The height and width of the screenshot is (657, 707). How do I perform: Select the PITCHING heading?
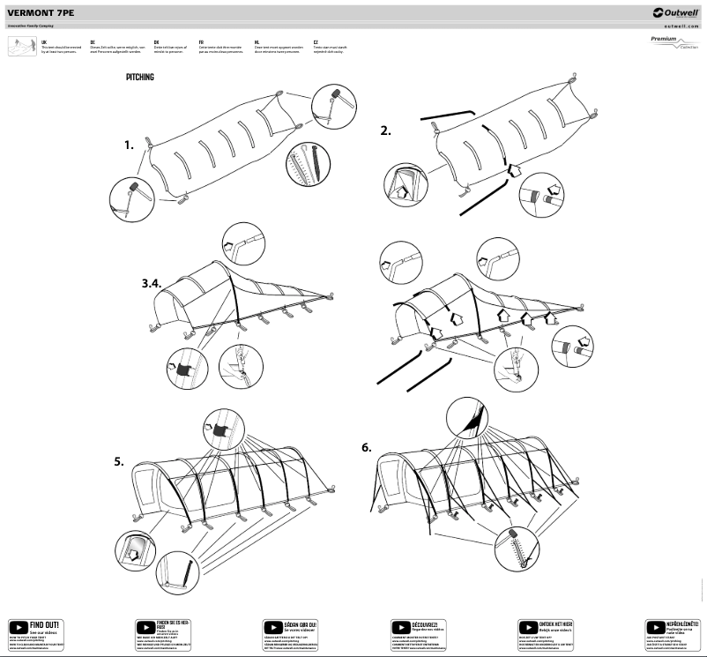point(140,78)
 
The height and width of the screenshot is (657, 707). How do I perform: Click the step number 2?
point(385,131)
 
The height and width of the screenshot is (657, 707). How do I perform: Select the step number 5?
point(118,460)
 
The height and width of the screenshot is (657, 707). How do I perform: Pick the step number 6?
point(367,447)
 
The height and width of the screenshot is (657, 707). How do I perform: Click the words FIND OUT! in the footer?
point(44,624)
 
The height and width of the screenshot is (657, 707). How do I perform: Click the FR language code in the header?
point(202,41)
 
